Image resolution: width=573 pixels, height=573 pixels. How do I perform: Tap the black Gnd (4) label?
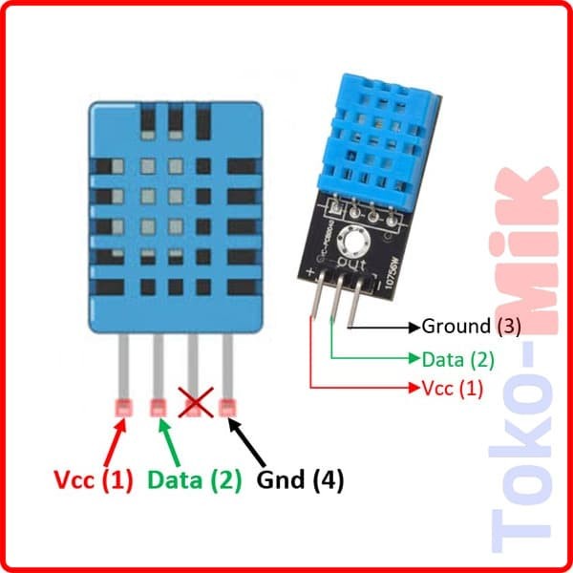[x=300, y=478]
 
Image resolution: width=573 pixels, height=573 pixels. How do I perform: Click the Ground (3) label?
[x=472, y=327]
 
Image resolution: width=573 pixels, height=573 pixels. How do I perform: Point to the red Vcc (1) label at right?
[x=453, y=389]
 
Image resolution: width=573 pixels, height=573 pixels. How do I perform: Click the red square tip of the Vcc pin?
[x=121, y=409]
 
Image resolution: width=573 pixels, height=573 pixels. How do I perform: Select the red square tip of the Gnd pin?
[x=227, y=409]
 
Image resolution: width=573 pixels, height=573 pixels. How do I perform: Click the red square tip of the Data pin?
[x=158, y=409]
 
